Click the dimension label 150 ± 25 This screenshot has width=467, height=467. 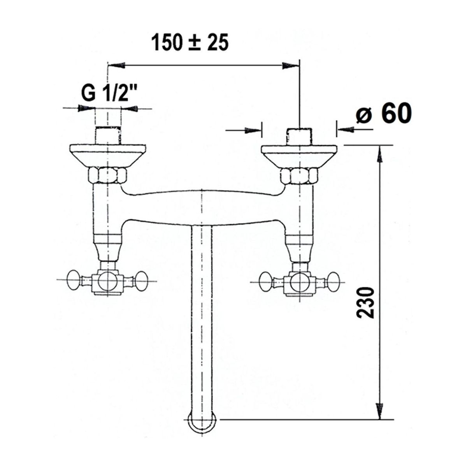[x=190, y=43]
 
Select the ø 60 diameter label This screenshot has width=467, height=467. [x=384, y=113]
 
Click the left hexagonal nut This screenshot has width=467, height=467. [x=107, y=176]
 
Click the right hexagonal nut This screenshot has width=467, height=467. [x=299, y=177]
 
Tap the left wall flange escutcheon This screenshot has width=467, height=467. [x=108, y=156]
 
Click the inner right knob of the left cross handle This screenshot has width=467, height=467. [x=140, y=281]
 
